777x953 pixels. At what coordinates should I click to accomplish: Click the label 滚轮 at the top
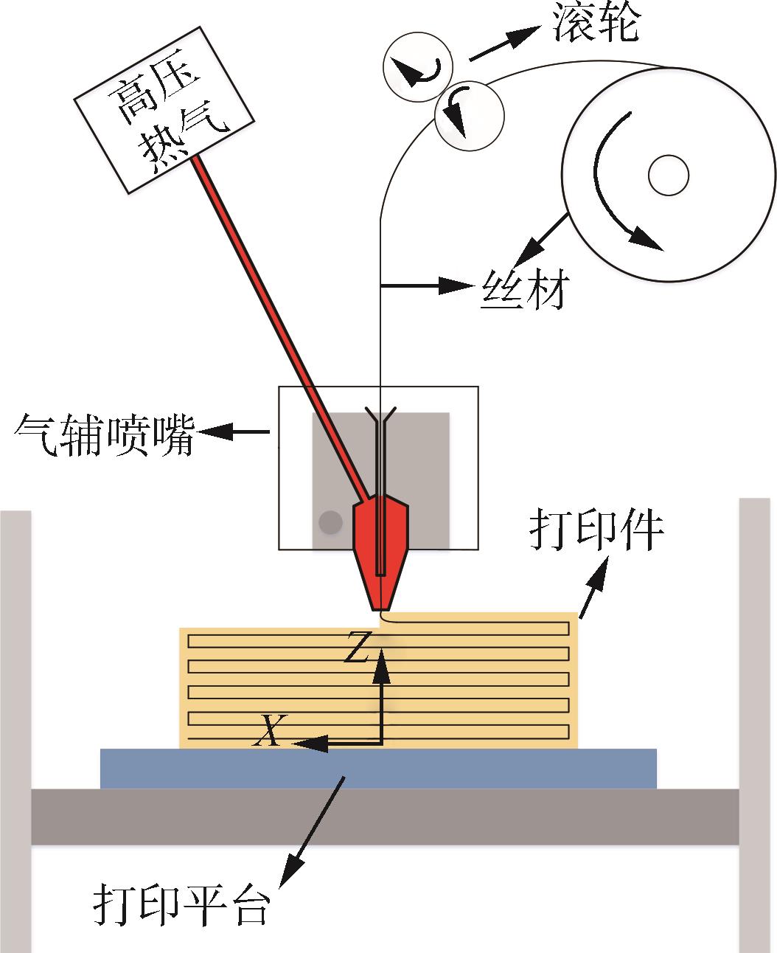click(x=596, y=24)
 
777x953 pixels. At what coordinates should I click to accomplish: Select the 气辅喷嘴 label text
click(x=104, y=434)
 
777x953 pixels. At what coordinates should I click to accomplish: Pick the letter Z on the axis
click(x=357, y=647)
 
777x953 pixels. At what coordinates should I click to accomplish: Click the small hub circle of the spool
click(x=668, y=176)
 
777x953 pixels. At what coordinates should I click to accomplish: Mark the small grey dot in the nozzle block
click(x=330, y=522)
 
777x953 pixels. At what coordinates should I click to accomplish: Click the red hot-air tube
click(x=280, y=325)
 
